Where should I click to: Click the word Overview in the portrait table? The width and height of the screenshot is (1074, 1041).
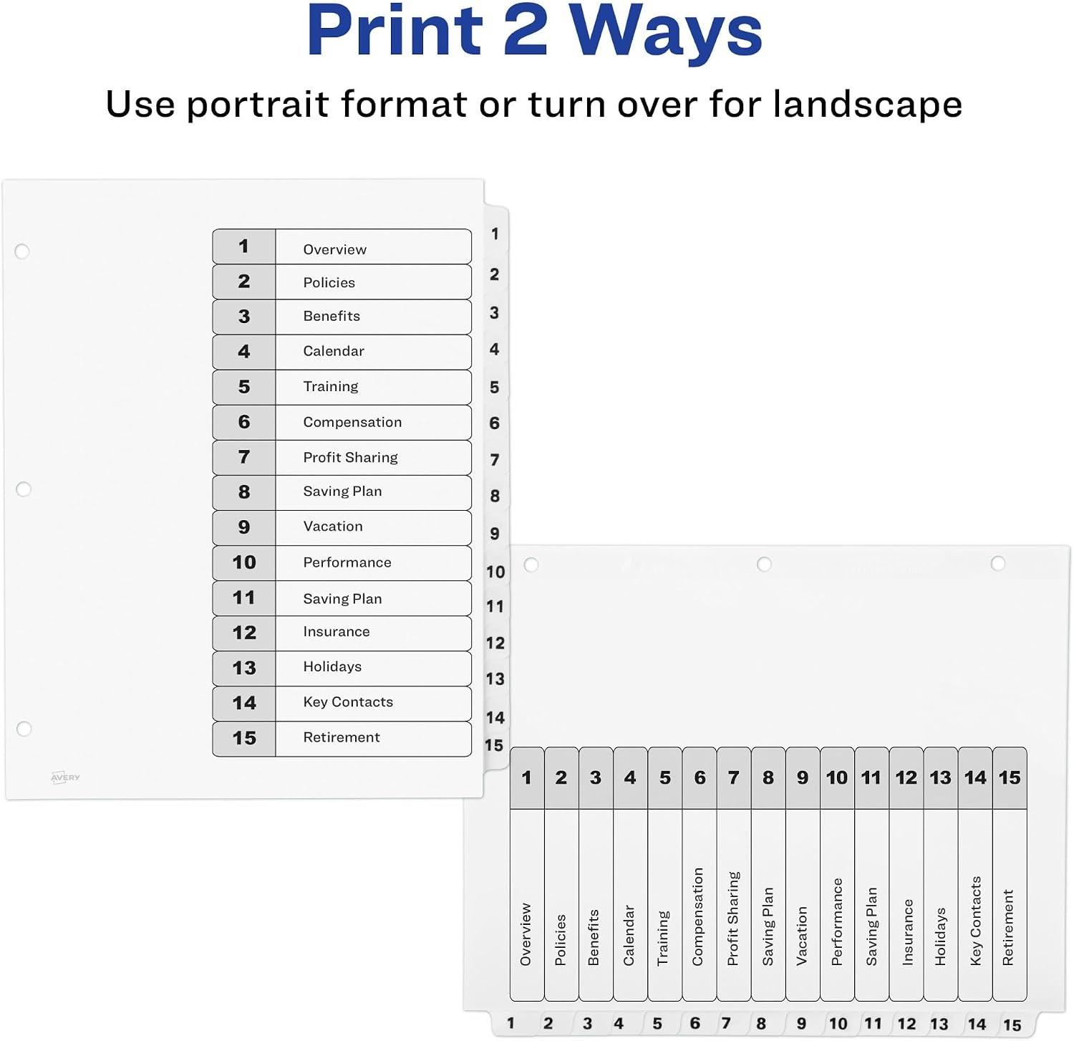[334, 249]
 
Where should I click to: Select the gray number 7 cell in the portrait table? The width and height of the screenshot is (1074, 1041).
[244, 457]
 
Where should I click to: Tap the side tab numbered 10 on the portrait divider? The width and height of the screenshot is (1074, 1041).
[495, 572]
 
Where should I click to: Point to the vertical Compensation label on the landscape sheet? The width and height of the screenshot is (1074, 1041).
[698, 916]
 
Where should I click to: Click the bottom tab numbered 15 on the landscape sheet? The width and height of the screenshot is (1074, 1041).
[1012, 1025]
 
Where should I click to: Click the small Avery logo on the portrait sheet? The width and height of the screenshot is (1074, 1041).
[65, 777]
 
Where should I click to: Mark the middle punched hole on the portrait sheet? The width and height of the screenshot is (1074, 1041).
[24, 489]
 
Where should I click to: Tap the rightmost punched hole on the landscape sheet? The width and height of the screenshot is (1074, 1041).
[997, 564]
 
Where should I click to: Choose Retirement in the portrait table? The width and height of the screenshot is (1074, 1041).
[342, 737]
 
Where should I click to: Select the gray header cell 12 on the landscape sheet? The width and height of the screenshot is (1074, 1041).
[906, 778]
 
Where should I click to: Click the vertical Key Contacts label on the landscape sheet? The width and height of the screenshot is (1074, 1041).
[975, 921]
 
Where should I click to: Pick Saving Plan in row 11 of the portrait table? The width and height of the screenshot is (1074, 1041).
[342, 598]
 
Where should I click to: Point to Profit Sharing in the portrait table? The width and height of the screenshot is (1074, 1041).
[350, 457]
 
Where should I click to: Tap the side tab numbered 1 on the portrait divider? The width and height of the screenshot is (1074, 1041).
[495, 234]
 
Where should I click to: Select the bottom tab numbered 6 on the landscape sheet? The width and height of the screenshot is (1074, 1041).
[695, 1023]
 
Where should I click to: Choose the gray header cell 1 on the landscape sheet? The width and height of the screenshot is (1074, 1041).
[527, 778]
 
